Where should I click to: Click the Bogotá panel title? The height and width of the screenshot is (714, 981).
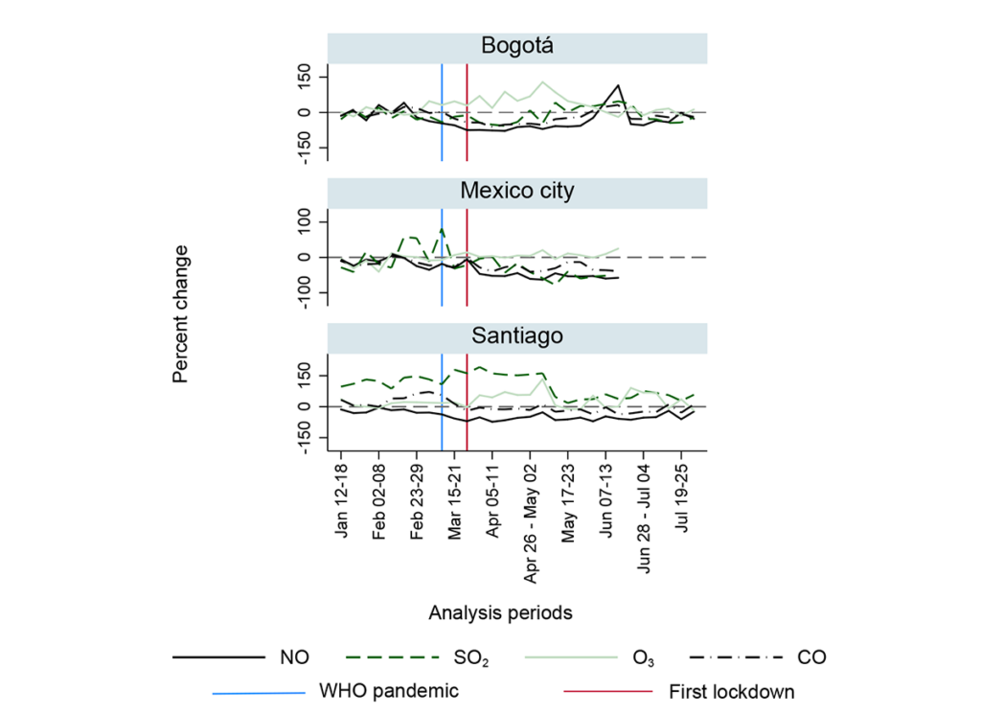point(516,47)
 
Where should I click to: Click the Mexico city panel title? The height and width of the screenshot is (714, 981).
point(516,191)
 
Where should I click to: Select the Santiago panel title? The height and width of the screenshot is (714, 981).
point(516,336)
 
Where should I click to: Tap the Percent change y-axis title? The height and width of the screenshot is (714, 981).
point(181,313)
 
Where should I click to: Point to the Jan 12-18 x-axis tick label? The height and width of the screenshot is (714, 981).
point(342,501)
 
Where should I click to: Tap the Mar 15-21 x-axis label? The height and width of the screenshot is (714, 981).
point(455,502)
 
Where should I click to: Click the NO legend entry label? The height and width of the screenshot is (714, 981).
point(292,657)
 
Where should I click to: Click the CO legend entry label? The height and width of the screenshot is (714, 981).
point(811,657)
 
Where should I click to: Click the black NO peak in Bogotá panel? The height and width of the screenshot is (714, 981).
point(619,86)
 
